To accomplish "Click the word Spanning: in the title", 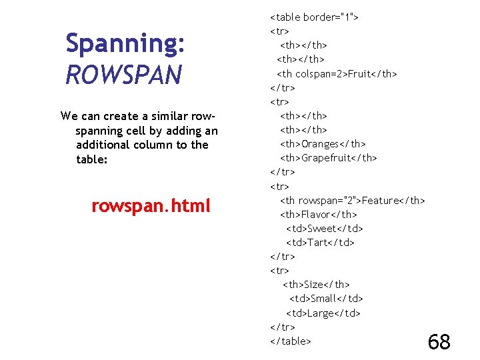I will [125, 44].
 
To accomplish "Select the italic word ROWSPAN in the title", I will [124, 75].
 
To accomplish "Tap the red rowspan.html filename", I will [151, 206].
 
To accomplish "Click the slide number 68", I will [439, 342].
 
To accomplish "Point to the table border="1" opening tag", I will [314, 17].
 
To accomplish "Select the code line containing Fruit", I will [337, 73].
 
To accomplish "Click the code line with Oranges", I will [323, 144].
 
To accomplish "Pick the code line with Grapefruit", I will [328, 158].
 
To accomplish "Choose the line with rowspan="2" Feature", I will [352, 201].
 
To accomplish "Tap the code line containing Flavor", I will [318, 215].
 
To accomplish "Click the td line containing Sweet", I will [324, 229].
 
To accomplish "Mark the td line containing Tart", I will [320, 243].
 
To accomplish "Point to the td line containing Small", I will [326, 299].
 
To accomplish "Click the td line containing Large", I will [323, 313].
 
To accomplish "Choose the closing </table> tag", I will [291, 341].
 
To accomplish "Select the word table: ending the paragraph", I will [92, 159].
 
